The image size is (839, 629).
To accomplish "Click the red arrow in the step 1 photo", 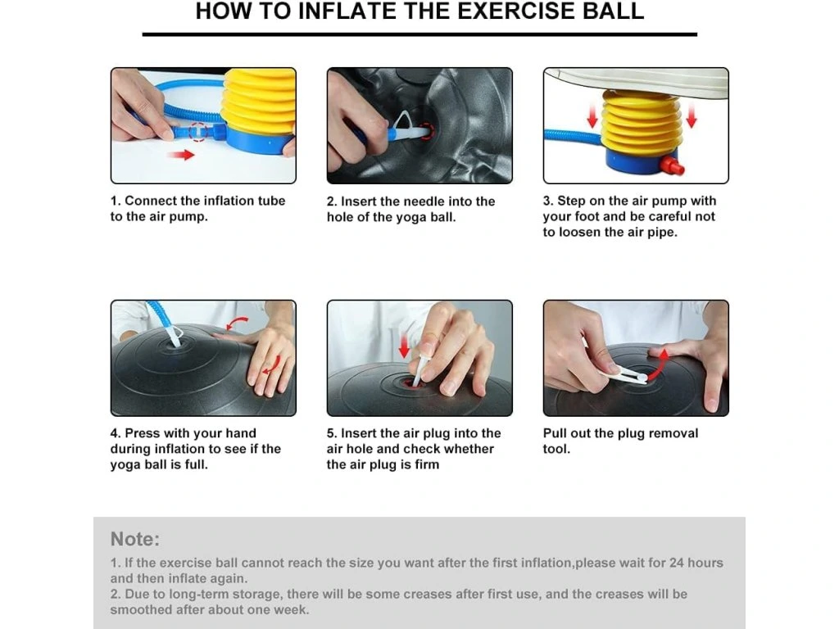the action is pos(180,155).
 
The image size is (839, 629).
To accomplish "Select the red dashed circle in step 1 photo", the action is pos(198,132).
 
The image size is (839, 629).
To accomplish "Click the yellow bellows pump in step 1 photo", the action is pos(259,102).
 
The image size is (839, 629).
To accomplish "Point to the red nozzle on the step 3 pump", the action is pos(672,165).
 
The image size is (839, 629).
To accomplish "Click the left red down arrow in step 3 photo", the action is pos(592,116).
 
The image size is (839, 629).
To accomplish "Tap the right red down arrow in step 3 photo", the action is pos(692,116).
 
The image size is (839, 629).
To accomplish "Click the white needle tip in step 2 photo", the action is pos(423,130).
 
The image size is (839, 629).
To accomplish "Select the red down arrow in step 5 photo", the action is pos(405,346).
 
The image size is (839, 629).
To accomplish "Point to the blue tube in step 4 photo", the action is pos(159,317).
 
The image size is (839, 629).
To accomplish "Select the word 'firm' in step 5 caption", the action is pos(426,464).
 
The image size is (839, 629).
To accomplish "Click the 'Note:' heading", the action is pos(135,539).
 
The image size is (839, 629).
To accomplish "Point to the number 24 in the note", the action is pos(676,563).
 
